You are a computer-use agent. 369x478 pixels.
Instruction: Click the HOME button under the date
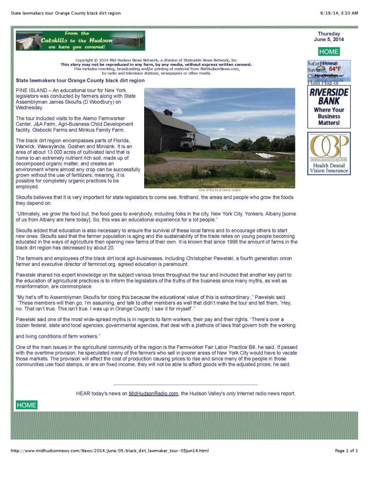pyautogui.click(x=329, y=52)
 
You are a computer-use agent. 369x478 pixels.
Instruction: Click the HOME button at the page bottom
pyautogui.click(x=26, y=405)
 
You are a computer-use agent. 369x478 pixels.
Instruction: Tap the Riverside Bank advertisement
pyautogui.click(x=329, y=107)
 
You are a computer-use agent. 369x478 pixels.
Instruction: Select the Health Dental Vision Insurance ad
pyautogui.click(x=329, y=153)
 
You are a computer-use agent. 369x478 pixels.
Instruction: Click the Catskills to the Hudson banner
pyautogui.click(x=80, y=41)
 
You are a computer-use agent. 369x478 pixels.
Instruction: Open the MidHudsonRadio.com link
pyautogui.click(x=153, y=393)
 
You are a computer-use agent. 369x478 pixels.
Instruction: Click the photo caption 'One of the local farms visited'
pyautogui.click(x=219, y=190)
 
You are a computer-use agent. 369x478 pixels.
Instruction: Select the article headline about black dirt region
pyautogui.click(x=80, y=80)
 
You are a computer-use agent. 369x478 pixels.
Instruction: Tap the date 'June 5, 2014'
pyautogui.click(x=329, y=40)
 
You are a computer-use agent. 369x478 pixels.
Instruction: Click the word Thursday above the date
pyautogui.click(x=329, y=34)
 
